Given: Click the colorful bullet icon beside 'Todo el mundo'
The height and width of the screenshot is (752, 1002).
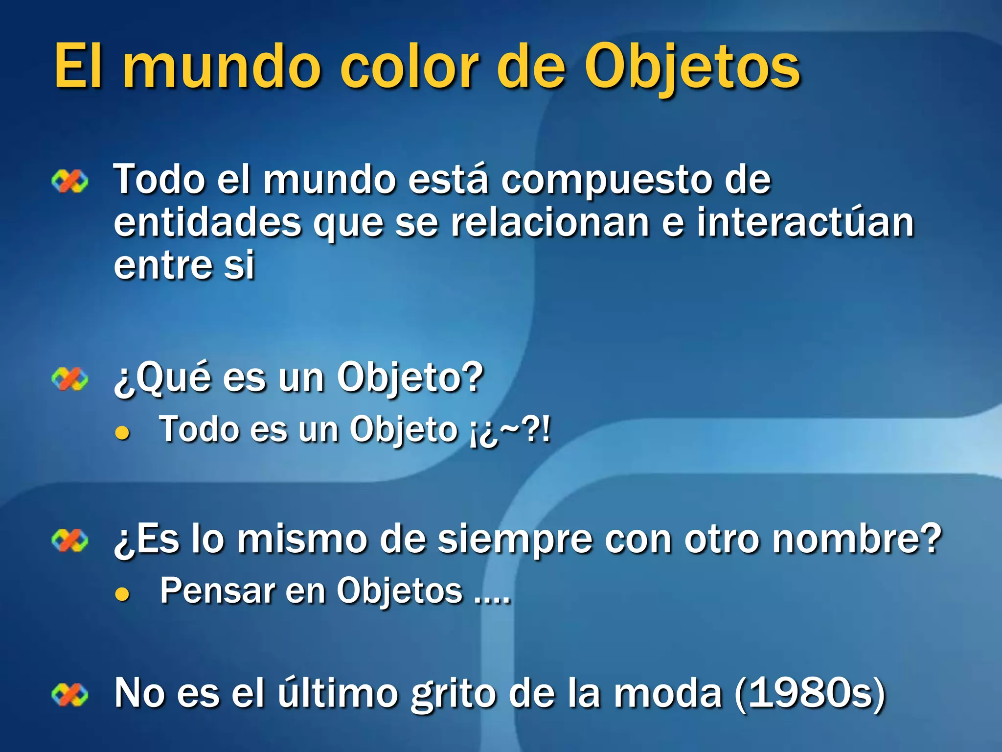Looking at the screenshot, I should [70, 182].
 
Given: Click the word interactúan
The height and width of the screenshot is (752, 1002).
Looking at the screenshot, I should [805, 223].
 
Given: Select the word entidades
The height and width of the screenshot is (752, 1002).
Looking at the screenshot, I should [207, 223].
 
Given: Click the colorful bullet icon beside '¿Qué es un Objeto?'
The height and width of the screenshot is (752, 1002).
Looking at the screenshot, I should [70, 379].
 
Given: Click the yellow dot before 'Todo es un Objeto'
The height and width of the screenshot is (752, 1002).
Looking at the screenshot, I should [122, 433].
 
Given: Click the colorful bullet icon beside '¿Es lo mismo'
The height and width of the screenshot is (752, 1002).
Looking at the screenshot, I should [70, 540].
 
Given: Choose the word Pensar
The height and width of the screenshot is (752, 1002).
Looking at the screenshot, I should [218, 591].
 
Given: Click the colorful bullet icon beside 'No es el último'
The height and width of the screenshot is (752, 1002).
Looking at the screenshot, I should [70, 695].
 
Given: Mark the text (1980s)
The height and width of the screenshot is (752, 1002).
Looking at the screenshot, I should [810, 693].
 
